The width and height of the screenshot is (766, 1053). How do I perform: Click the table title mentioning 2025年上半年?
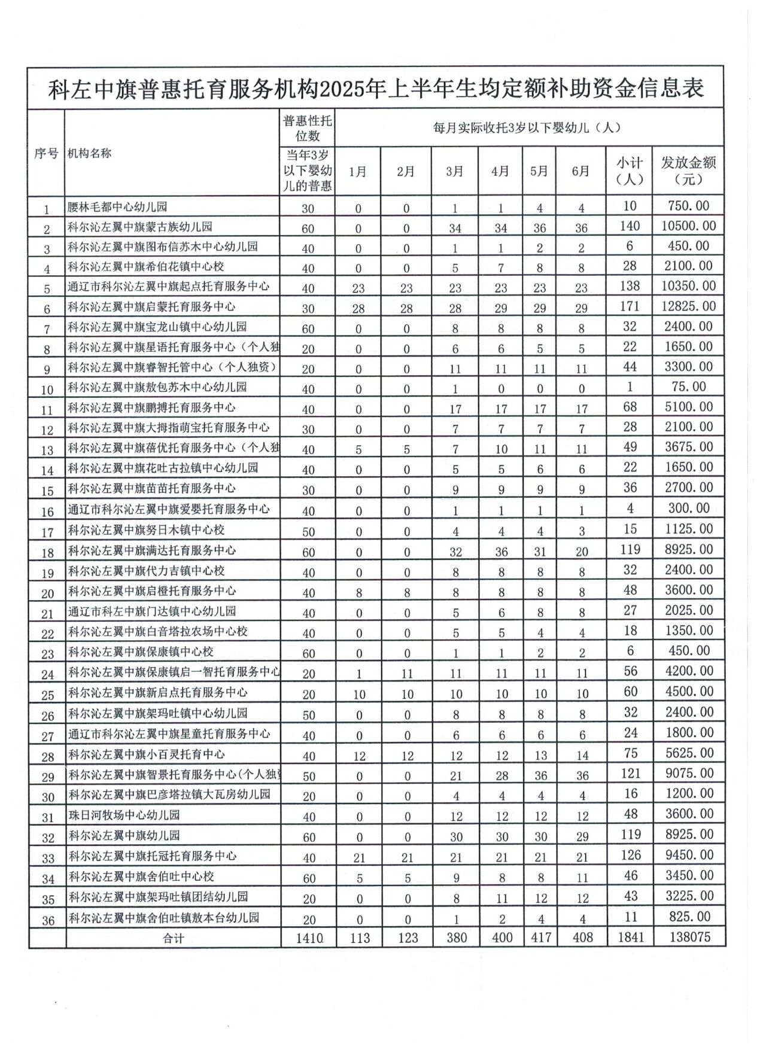point(375,89)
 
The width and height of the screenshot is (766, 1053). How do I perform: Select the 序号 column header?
point(46,153)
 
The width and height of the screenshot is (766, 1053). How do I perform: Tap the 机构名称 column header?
point(90,153)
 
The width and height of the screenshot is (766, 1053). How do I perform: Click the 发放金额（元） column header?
point(688,171)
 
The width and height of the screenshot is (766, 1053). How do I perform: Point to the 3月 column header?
point(455,171)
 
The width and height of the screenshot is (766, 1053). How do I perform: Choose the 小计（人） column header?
point(629,171)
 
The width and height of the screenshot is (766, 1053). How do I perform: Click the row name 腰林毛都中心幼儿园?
point(117,208)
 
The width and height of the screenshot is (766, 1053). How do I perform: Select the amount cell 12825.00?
point(688,306)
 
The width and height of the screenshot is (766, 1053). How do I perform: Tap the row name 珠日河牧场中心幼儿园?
point(124,815)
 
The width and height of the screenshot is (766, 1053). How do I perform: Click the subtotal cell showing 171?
point(630,306)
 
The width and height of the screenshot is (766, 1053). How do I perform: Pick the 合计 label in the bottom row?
point(173,938)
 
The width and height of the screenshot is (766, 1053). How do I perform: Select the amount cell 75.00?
point(688,386)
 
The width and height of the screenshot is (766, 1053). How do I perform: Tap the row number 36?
point(48,920)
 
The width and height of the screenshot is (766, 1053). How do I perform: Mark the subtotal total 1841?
point(630,937)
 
